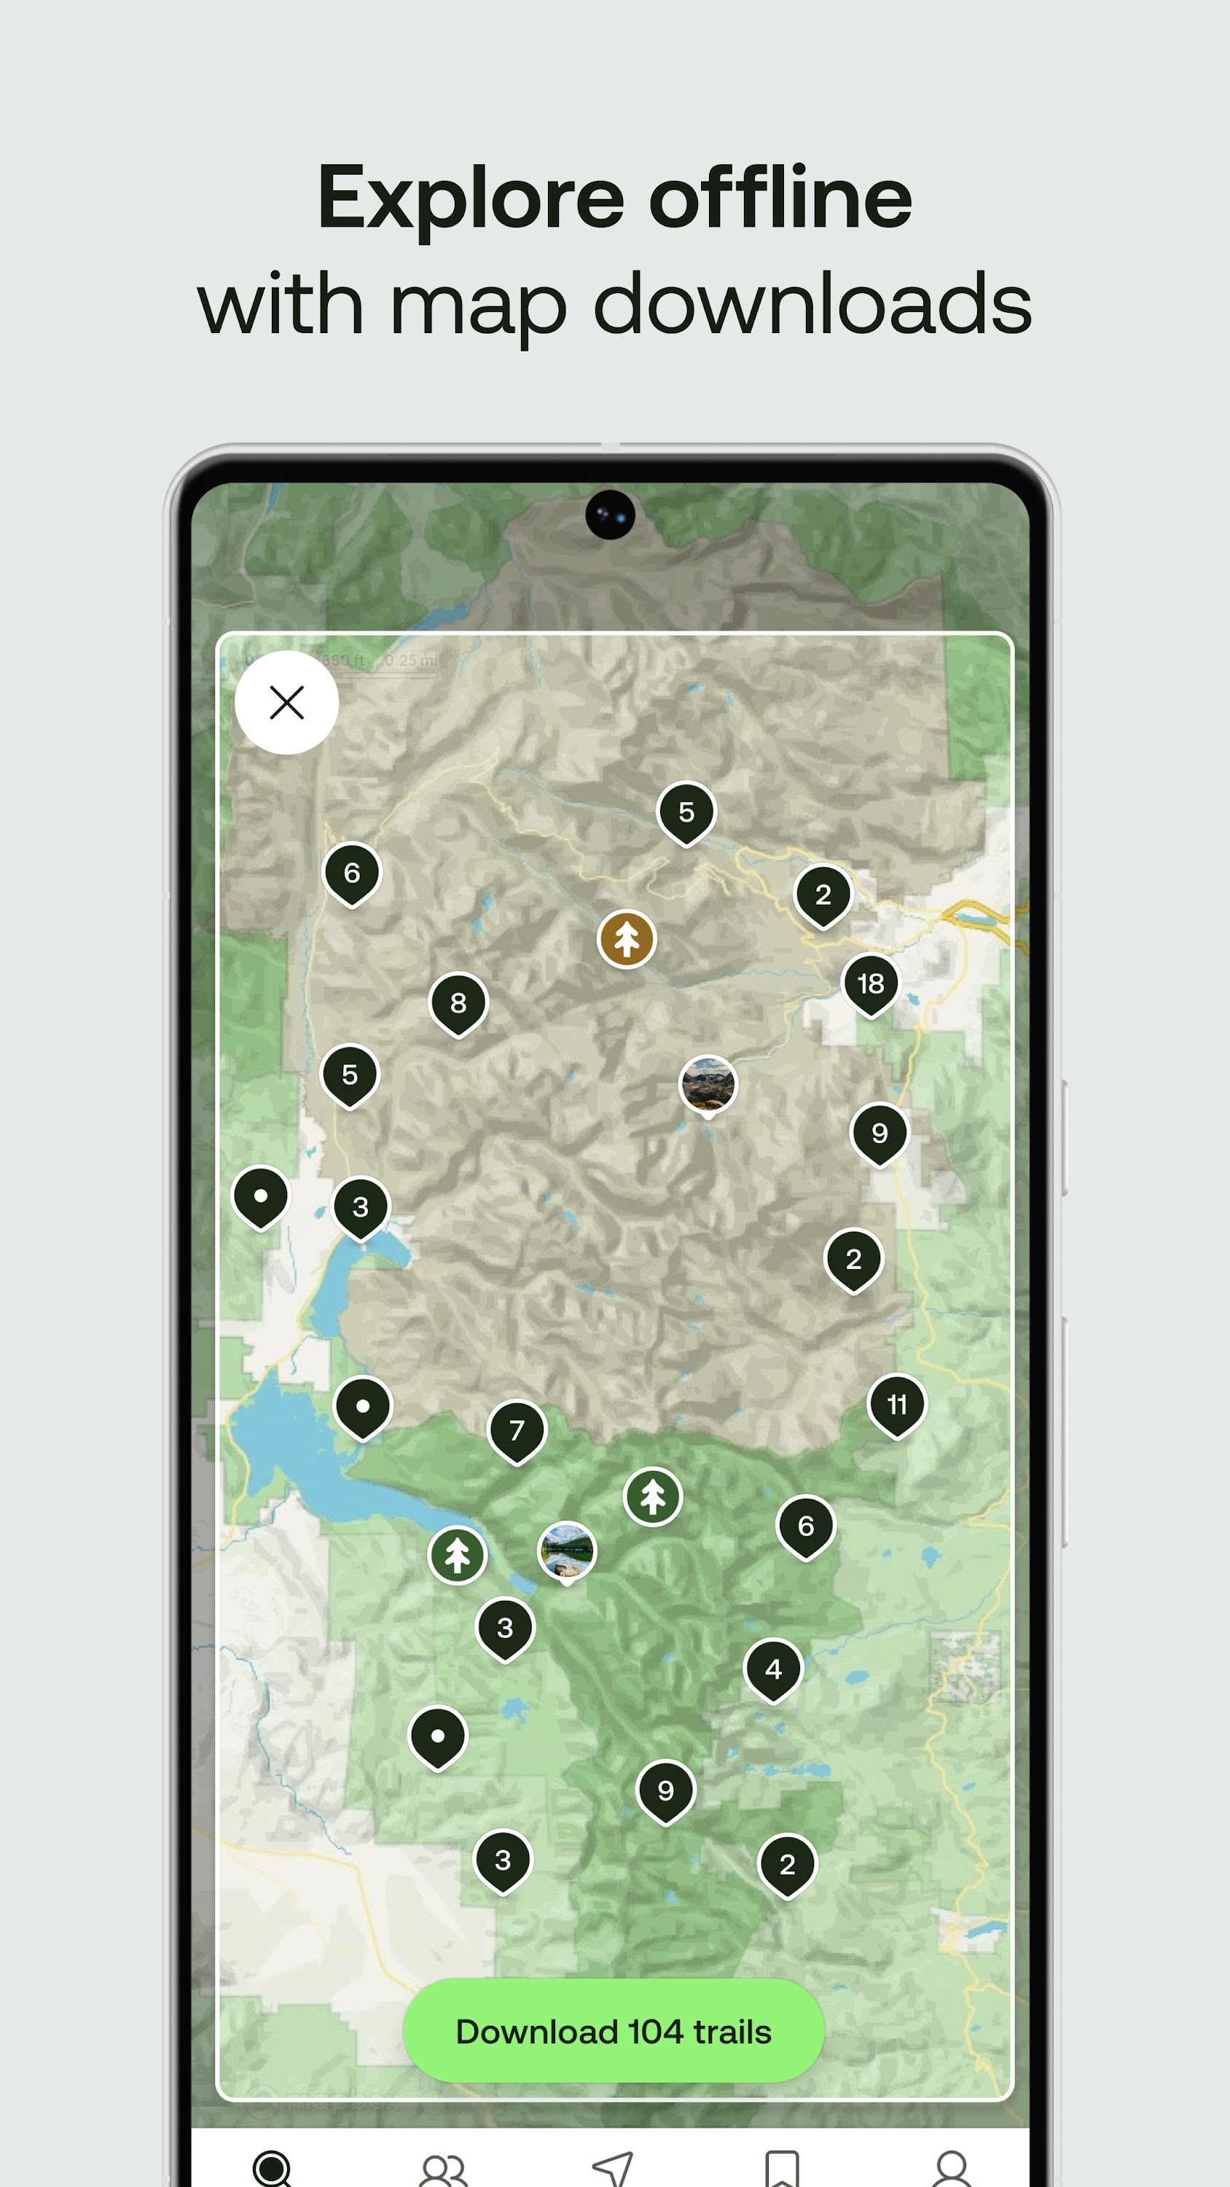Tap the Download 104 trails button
[x=613, y=2031]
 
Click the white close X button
[x=287, y=703]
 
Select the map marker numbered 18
[x=870, y=983]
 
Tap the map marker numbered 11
[x=896, y=1404]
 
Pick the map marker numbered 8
[x=458, y=1002]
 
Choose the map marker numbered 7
[x=516, y=1430]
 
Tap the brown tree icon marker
[x=627, y=939]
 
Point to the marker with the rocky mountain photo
[x=708, y=1084]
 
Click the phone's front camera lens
[x=611, y=515]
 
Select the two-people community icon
[x=443, y=2170]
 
